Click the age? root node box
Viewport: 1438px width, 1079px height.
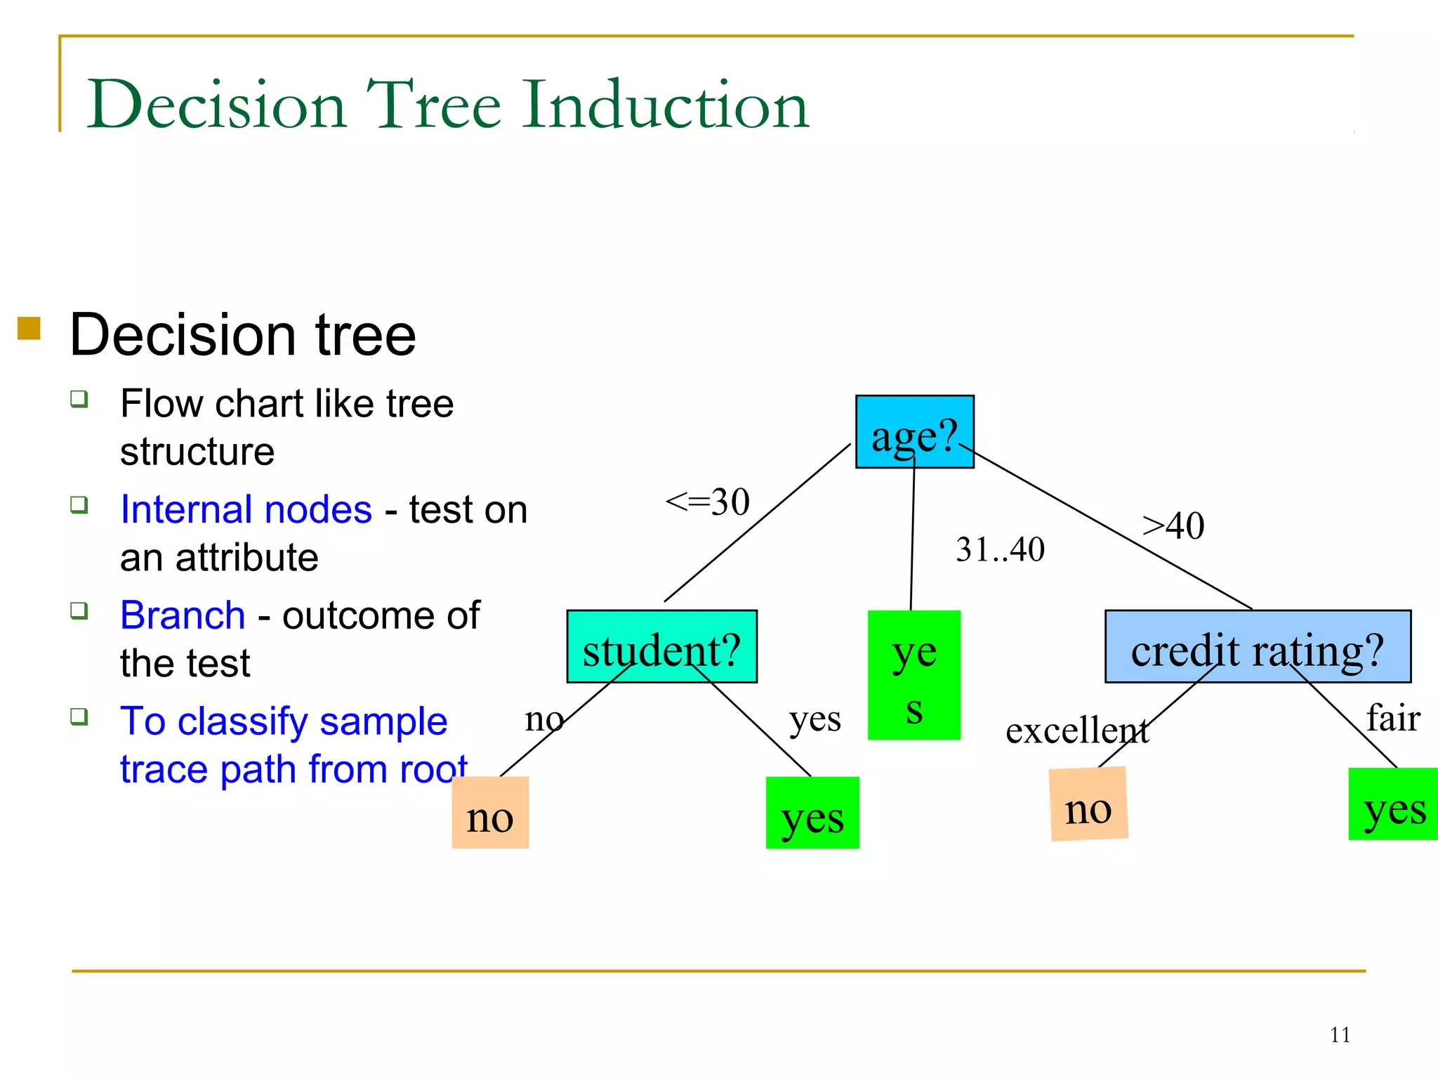[x=914, y=431]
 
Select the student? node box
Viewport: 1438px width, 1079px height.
[x=661, y=646]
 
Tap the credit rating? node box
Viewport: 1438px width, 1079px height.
[x=1258, y=646]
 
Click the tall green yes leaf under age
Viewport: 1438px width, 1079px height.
[x=913, y=674]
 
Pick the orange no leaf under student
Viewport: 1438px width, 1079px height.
[x=490, y=813]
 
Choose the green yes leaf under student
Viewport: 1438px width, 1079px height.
[x=812, y=813]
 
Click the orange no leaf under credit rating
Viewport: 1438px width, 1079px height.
[x=1088, y=804]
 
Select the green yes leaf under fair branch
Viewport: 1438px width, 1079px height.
[x=1393, y=804]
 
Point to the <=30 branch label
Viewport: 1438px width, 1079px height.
[x=708, y=502]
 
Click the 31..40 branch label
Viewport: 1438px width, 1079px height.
[x=1000, y=549]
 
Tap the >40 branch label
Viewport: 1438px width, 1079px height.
[x=1173, y=525]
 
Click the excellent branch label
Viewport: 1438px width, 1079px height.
[x=1076, y=731]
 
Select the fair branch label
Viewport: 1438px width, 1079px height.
[x=1393, y=718]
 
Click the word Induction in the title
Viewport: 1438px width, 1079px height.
[x=665, y=105]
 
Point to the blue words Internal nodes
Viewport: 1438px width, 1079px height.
[x=246, y=509]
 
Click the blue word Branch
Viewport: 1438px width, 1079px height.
[x=183, y=615]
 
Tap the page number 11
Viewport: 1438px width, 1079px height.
[x=1340, y=1035]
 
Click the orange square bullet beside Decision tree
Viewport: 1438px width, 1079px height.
[x=29, y=328]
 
